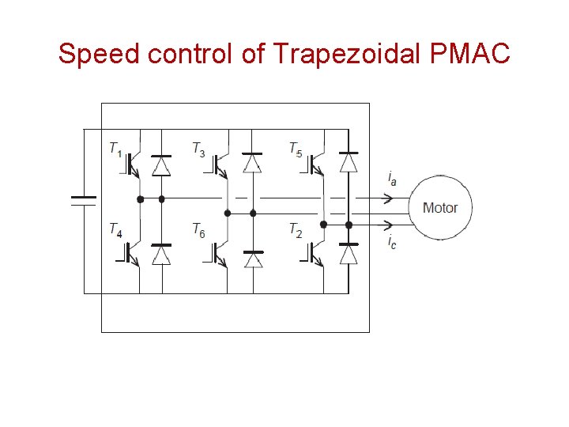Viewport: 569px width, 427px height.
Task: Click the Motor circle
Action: (x=439, y=208)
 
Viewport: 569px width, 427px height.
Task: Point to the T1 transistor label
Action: (x=115, y=148)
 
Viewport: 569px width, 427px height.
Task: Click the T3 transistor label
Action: (x=198, y=148)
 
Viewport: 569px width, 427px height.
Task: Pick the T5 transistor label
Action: (x=295, y=148)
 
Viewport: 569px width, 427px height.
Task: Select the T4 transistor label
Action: (x=115, y=229)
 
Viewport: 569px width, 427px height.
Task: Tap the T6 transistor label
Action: (x=198, y=230)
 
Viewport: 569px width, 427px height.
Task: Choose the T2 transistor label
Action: (x=295, y=230)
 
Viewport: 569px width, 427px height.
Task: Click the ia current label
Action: (x=392, y=178)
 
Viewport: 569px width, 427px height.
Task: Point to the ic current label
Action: (x=392, y=241)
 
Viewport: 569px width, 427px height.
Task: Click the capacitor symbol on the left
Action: (x=84, y=200)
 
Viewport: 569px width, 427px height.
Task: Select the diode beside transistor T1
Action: (x=161, y=163)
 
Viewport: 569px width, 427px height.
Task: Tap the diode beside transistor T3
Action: (x=252, y=161)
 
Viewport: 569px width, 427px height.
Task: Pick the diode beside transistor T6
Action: (x=253, y=259)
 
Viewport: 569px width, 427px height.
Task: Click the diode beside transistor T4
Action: (x=161, y=254)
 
